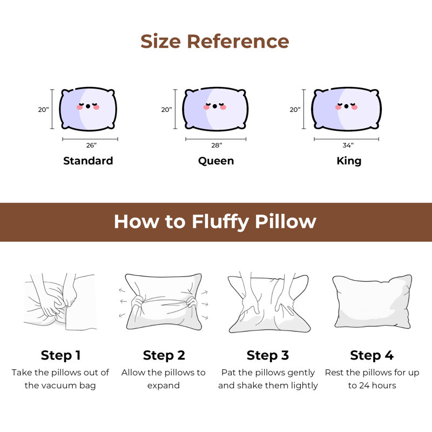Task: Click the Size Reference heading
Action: coord(215,42)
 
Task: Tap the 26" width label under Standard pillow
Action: coord(91,145)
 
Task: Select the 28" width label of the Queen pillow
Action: coord(216,145)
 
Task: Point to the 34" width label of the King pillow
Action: coord(348,145)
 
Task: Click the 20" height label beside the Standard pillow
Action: coord(43,110)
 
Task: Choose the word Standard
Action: coord(88,161)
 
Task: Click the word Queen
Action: coord(216,161)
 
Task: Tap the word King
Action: coord(349,161)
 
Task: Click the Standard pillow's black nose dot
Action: coord(88,106)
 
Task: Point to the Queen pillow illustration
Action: coord(215,109)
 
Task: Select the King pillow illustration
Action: coord(346,109)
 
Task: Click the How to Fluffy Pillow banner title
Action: coord(215,222)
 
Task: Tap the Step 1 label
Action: coord(60,355)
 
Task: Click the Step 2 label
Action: coord(164,355)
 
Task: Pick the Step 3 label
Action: coord(268,355)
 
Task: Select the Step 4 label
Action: coord(372,355)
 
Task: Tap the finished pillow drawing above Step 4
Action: coord(372,301)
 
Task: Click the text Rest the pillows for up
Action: coord(372,373)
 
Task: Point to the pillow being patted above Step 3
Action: coord(268,305)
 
